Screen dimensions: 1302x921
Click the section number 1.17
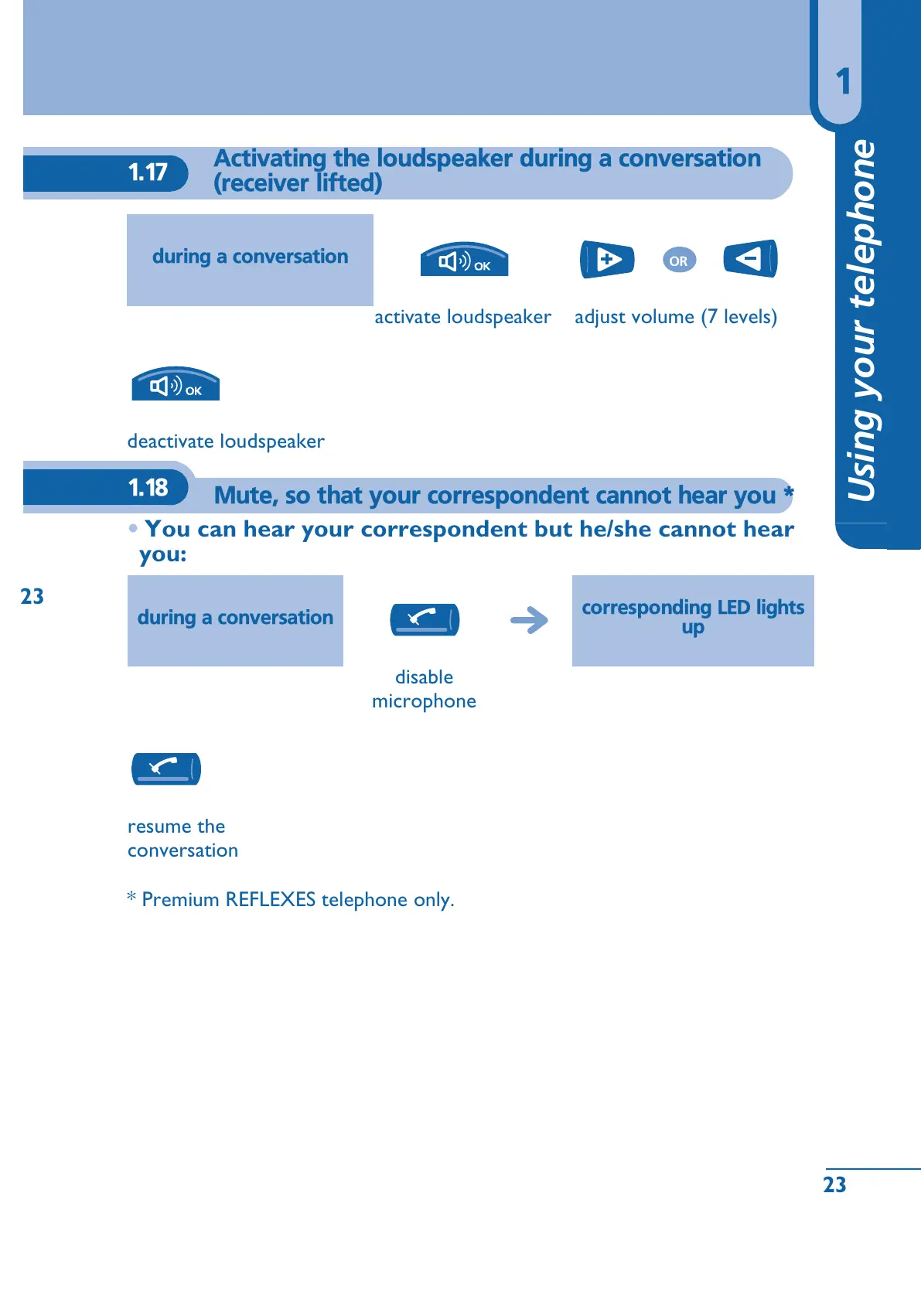click(148, 172)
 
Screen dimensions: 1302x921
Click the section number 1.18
click(148, 488)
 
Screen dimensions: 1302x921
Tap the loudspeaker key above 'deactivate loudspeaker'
click(176, 384)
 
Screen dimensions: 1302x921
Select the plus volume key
click(607, 259)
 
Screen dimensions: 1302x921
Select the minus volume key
click(749, 258)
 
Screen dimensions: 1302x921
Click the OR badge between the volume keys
click(679, 261)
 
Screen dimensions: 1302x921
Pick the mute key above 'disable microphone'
click(425, 619)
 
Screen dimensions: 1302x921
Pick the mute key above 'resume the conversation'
click(166, 769)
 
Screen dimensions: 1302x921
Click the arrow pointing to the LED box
click(530, 619)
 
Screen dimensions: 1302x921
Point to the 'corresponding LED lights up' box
click(693, 620)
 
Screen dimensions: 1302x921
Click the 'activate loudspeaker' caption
click(462, 317)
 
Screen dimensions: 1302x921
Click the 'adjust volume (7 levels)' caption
click(676, 317)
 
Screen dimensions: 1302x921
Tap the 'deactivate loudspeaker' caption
click(226, 441)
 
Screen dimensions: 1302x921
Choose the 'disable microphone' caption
click(424, 689)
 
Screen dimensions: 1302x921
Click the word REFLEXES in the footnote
click(271, 900)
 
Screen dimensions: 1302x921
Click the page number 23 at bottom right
click(834, 1184)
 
